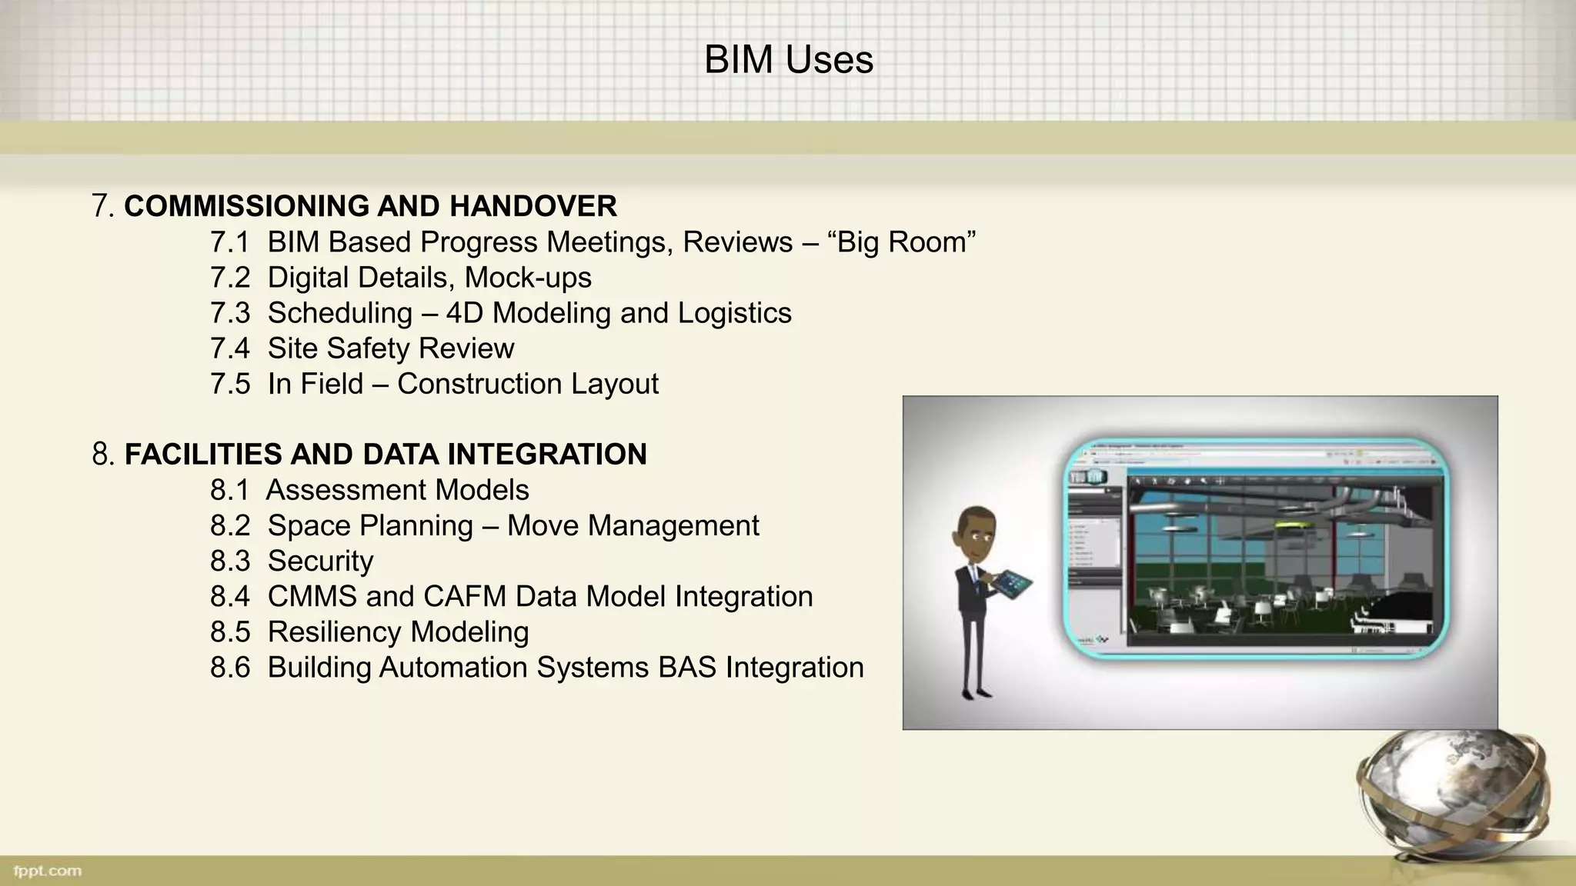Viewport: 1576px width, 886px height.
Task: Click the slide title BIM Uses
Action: (788, 60)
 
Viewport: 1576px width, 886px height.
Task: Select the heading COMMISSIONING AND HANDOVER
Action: (370, 206)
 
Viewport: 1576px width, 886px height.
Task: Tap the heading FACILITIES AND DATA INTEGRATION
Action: (385, 454)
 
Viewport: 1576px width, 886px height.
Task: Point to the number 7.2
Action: (230, 278)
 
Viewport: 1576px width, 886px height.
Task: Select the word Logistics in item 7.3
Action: (734, 313)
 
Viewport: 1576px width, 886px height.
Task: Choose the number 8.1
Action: (230, 490)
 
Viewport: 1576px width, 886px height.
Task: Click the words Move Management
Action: (633, 525)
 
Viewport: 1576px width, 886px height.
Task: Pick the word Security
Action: (320, 561)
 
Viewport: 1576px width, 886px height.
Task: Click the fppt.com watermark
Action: (48, 871)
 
